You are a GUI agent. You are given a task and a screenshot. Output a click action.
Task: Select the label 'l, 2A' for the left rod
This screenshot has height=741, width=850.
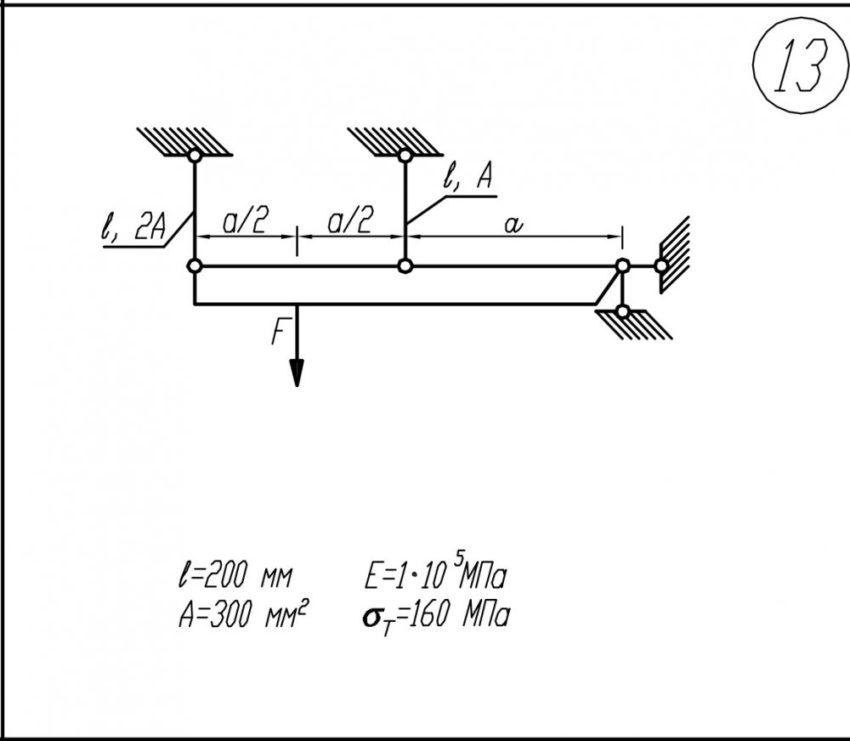tap(133, 230)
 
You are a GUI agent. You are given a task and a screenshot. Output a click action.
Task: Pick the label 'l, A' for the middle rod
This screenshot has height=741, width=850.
tap(467, 179)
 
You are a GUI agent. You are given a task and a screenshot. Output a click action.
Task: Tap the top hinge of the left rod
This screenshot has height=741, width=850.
tap(195, 156)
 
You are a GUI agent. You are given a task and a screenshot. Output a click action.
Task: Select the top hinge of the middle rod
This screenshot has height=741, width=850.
tap(405, 156)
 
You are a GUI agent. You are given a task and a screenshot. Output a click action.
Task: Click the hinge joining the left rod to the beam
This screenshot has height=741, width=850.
tap(195, 266)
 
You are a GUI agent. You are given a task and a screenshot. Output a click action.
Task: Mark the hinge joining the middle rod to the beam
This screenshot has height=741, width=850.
tap(405, 266)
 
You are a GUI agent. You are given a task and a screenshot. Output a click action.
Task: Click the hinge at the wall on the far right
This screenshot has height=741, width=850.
tap(661, 266)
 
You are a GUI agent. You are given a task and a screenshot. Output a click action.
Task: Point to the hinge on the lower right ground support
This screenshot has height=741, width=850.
tap(623, 311)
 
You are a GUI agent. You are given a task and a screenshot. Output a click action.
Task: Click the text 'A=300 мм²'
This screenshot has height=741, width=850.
tap(241, 615)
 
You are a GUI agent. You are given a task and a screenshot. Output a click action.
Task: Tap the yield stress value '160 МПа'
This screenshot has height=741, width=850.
tap(459, 615)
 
